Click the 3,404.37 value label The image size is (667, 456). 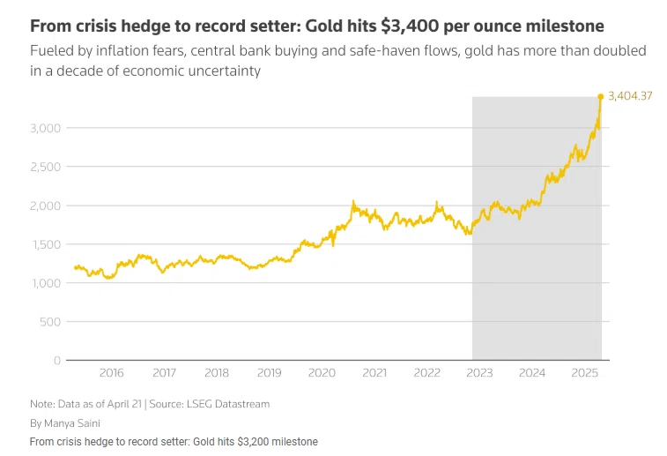630,96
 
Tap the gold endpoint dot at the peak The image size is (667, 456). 601,96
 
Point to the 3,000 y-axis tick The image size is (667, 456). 47,128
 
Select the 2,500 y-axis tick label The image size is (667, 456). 47,167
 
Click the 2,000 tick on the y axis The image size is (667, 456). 47,206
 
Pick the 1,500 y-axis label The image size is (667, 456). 47,244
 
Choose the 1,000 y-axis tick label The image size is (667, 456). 47,283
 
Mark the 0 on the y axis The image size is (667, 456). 57,361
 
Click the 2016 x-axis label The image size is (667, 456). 112,374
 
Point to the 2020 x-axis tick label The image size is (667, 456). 322,374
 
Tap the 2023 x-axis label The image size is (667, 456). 479,374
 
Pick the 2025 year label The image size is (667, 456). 584,374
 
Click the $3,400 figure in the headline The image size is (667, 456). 408,26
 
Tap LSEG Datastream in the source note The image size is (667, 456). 230,404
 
